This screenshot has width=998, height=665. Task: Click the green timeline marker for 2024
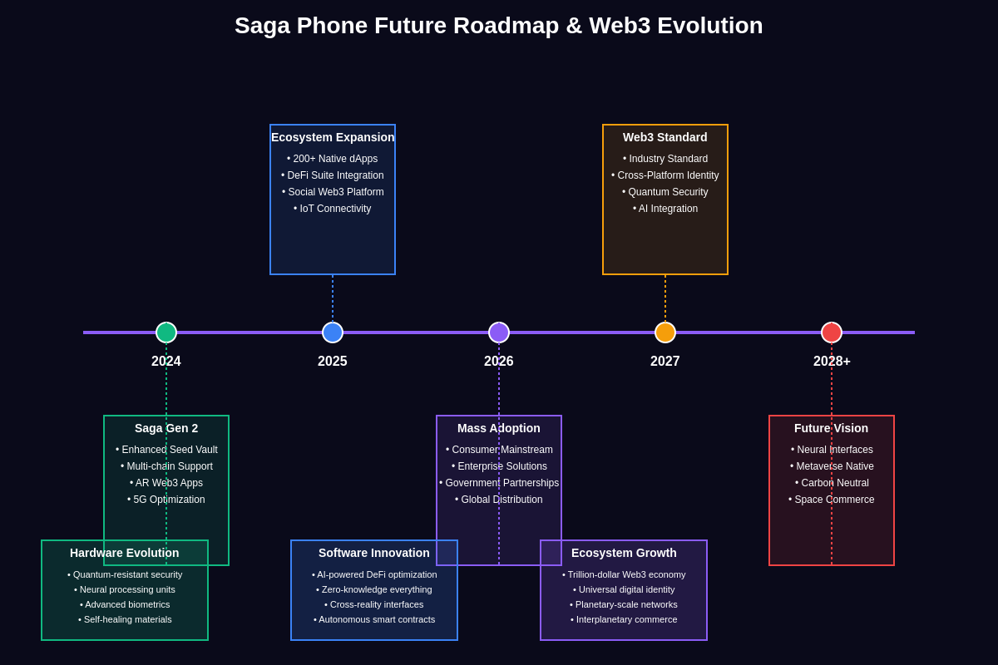click(166, 332)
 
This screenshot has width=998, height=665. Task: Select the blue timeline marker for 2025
click(333, 332)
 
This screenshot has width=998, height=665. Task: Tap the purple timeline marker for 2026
click(499, 332)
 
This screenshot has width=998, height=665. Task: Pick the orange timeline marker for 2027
click(665, 332)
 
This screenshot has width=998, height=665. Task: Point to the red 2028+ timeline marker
click(832, 332)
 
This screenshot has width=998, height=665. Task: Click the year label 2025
click(333, 362)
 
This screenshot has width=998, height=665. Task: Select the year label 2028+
click(832, 362)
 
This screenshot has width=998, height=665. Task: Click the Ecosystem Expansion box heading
click(333, 137)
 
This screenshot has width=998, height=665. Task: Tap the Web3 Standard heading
click(665, 137)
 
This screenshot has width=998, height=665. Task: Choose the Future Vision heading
click(831, 428)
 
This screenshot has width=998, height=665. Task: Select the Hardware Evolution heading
click(125, 553)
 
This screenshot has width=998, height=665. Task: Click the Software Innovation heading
click(374, 553)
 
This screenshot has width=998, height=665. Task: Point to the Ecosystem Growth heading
click(624, 553)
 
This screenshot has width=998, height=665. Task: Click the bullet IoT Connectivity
click(333, 209)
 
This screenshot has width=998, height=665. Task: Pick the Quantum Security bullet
click(665, 192)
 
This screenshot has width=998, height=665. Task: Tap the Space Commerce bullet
click(832, 500)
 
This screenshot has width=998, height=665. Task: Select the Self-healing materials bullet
click(125, 619)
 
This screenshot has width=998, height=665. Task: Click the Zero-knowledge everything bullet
click(374, 589)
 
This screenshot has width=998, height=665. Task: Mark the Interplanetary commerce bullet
click(624, 619)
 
